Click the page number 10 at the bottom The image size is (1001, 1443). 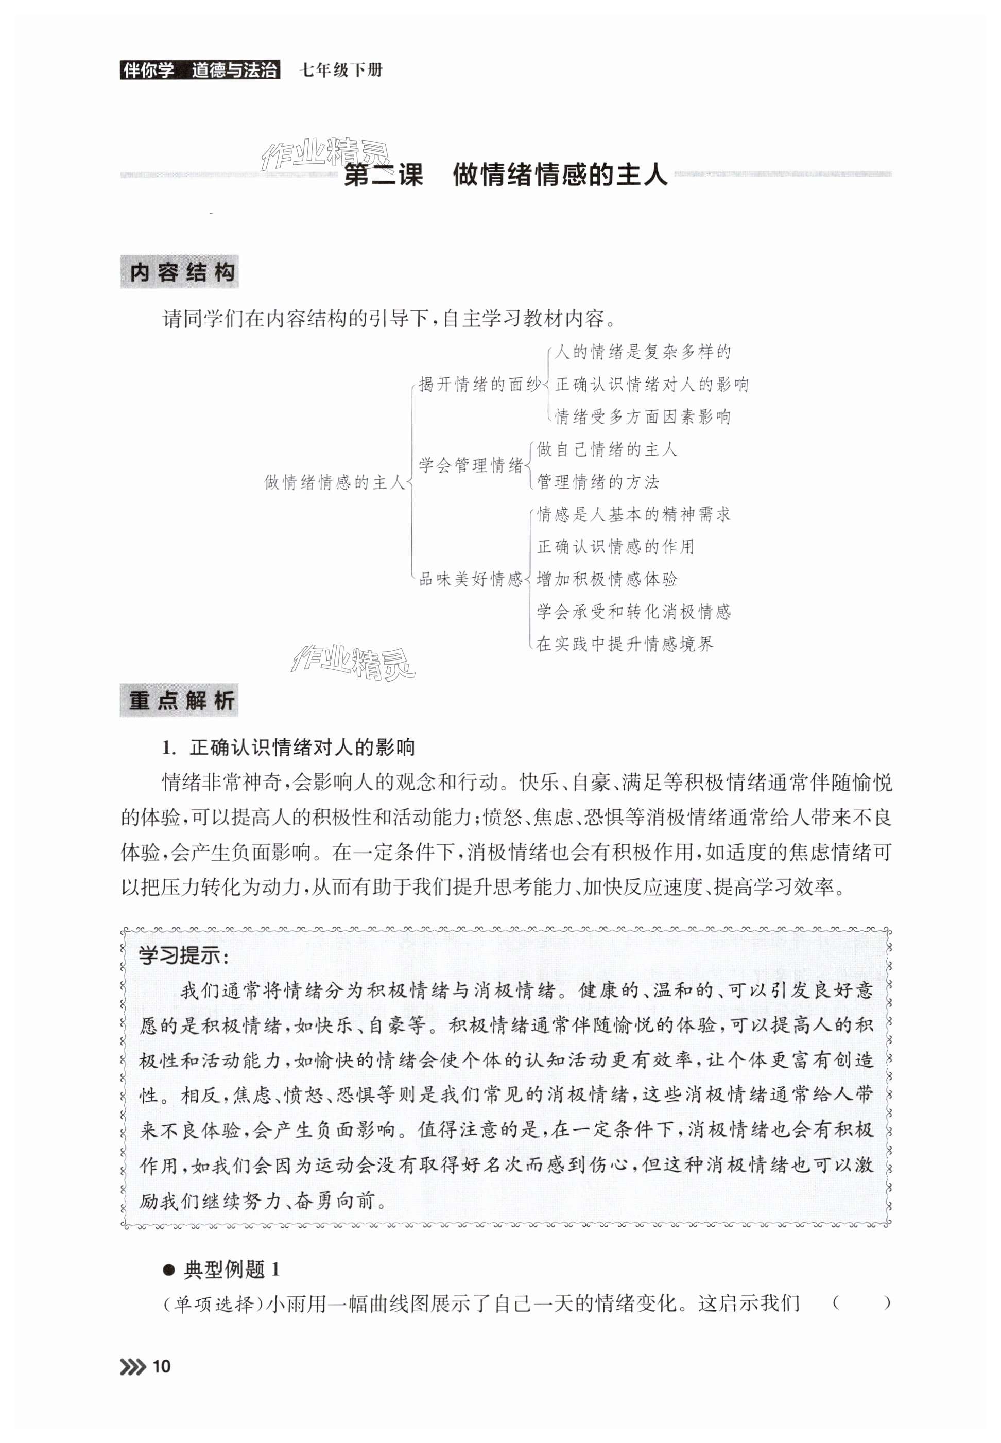click(161, 1366)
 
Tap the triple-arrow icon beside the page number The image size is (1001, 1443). click(133, 1366)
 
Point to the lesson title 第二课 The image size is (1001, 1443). click(384, 175)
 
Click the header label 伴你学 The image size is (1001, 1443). click(148, 69)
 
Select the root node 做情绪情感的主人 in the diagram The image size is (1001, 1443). click(335, 482)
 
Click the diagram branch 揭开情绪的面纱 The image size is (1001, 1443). click(479, 385)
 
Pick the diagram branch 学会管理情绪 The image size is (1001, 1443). click(471, 465)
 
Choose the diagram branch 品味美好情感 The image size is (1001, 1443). click(471, 579)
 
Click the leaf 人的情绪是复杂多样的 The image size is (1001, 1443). click(643, 352)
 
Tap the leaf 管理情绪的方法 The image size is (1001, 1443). click(598, 482)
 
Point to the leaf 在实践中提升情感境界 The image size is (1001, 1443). click(625, 644)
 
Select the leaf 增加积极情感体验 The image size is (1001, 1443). click(607, 579)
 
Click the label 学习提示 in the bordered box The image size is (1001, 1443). click(183, 955)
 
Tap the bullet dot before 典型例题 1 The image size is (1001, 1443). click(168, 1270)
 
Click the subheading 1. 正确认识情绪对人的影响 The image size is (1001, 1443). click(288, 747)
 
